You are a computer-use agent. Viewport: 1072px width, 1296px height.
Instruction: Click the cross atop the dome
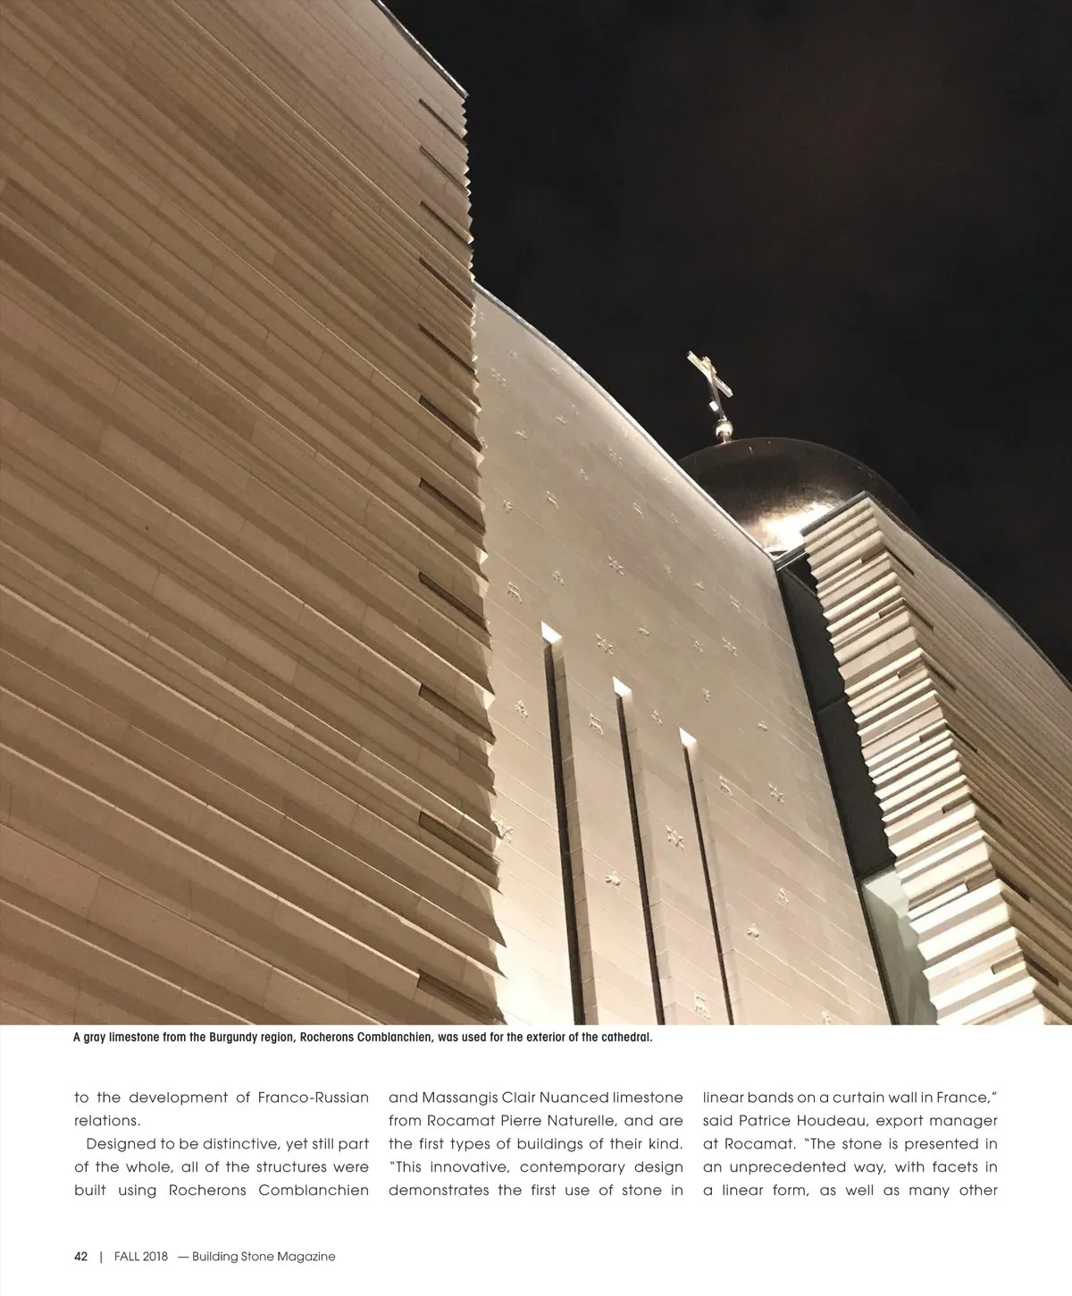pyautogui.click(x=711, y=381)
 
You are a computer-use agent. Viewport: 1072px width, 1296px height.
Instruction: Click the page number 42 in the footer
pyautogui.click(x=81, y=1256)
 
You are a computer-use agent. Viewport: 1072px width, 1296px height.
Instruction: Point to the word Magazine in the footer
pyautogui.click(x=306, y=1256)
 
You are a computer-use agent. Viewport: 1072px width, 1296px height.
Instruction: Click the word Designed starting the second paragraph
pyautogui.click(x=120, y=1143)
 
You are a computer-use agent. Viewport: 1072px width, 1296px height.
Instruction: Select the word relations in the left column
pyautogui.click(x=105, y=1120)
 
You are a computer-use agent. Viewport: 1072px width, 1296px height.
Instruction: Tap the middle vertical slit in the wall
pyautogui.click(x=638, y=849)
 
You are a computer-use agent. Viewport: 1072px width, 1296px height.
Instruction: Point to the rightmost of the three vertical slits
pyautogui.click(x=706, y=876)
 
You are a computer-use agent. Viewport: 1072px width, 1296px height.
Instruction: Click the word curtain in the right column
pyautogui.click(x=858, y=1097)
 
